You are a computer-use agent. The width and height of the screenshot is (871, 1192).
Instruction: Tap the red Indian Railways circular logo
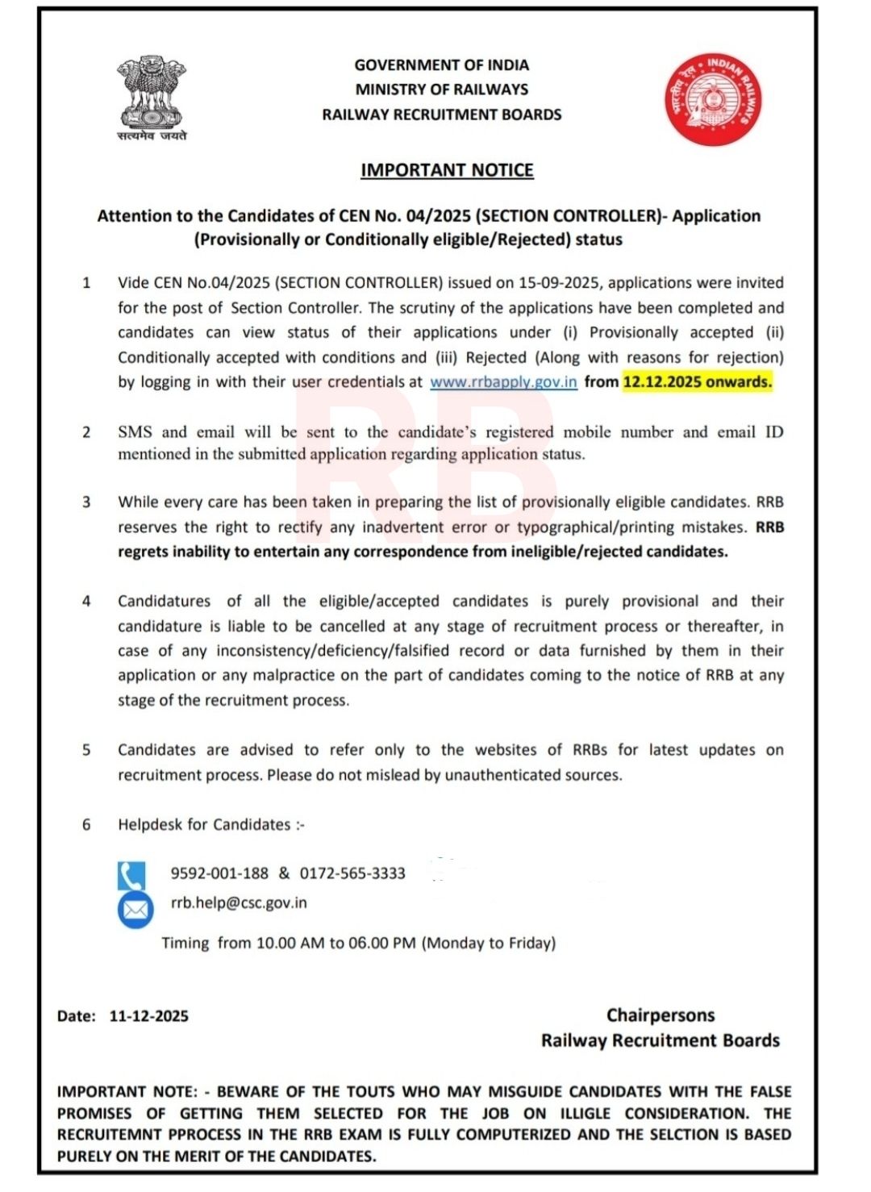pos(713,99)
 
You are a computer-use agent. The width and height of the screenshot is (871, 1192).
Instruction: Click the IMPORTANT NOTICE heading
pos(447,170)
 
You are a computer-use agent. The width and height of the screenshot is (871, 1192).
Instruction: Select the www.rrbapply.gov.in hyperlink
pos(503,382)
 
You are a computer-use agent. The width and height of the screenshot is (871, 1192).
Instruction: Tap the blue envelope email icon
pos(135,911)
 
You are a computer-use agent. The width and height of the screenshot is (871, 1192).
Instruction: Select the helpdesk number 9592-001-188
pos(219,873)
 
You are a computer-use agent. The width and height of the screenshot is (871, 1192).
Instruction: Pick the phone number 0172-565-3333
pos(352,873)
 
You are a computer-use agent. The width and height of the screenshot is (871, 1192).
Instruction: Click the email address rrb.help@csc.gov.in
pos(239,903)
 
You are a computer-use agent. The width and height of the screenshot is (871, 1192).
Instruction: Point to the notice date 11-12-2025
pos(149,1017)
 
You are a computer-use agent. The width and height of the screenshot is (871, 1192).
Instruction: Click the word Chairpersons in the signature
pos(661,1015)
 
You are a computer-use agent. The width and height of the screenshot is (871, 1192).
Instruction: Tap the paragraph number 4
pos(86,602)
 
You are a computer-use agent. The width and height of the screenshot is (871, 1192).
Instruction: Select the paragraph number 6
pos(86,825)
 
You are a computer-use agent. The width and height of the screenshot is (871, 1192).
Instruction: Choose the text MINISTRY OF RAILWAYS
pos(442,90)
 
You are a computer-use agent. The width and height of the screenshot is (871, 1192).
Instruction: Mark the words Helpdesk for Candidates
pos(204,825)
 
